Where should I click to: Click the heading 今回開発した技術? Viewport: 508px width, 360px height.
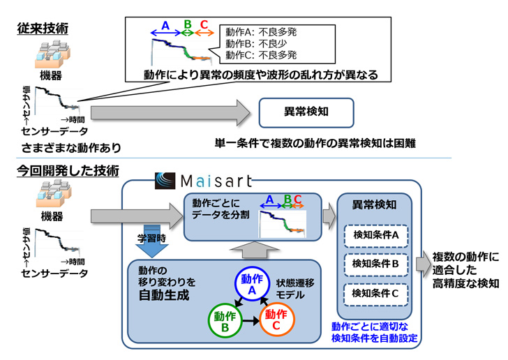pyautogui.click(x=68, y=170)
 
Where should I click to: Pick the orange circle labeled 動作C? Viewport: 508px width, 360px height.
pyautogui.click(x=278, y=320)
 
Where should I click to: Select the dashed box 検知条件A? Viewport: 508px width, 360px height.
pyautogui.click(x=376, y=235)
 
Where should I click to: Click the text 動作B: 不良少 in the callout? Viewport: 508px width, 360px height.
pyautogui.click(x=257, y=43)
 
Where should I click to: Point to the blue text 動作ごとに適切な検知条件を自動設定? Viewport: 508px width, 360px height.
pyautogui.click(x=374, y=332)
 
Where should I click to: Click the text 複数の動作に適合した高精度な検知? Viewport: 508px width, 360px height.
pyautogui.click(x=465, y=270)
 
